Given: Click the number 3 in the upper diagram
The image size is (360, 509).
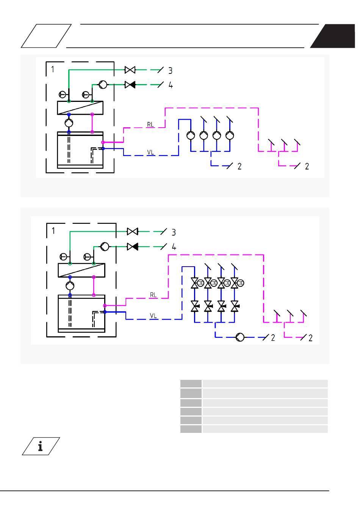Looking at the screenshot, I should tap(171, 70).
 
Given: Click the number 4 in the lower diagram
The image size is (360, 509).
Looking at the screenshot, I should tap(174, 247).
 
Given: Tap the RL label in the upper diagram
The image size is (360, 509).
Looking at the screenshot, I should tap(150, 124).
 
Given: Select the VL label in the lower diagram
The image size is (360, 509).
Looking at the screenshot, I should tap(153, 315).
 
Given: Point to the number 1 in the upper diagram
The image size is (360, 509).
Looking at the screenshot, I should tap(53, 69).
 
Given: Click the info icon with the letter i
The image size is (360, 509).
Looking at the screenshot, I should tap(41, 446).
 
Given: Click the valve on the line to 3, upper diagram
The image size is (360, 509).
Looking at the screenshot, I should tap(130, 70).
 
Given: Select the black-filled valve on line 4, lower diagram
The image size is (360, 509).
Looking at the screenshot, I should tap(133, 247).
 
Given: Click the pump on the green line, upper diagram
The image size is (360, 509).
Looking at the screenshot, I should tap(103, 84).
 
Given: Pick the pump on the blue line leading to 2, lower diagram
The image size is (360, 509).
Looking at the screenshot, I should tap(240, 337).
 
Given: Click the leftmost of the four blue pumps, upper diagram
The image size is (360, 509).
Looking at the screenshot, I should tap(191, 135).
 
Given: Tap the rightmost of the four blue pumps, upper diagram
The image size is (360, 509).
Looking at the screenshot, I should tap(230, 135).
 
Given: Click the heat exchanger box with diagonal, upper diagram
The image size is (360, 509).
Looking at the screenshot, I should tap(80, 108).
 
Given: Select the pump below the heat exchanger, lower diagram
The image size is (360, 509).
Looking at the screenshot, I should tap(70, 285).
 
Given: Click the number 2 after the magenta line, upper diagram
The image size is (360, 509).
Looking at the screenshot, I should tap(307, 166).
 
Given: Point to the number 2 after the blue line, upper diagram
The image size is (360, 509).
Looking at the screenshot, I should tap(239, 166).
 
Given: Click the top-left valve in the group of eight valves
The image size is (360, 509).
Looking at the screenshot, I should tap(195, 283).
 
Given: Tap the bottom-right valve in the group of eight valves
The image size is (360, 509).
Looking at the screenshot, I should tap(235, 306).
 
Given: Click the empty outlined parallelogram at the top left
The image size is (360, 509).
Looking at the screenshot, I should tap(46, 36).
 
